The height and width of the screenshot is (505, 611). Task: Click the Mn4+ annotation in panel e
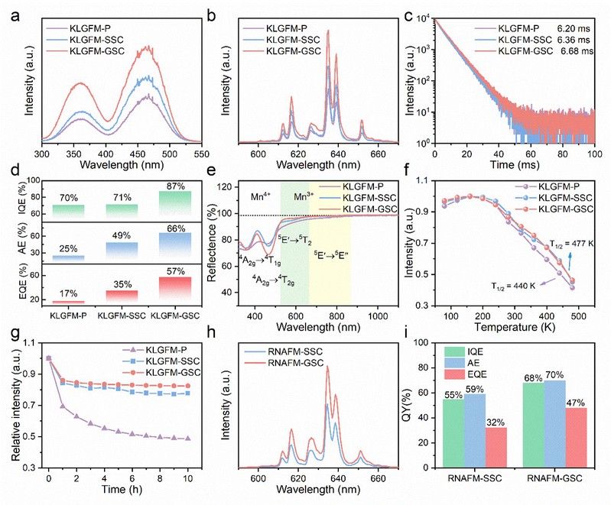coord(262,196)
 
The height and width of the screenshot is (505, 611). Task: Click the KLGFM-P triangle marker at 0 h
coord(49,358)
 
